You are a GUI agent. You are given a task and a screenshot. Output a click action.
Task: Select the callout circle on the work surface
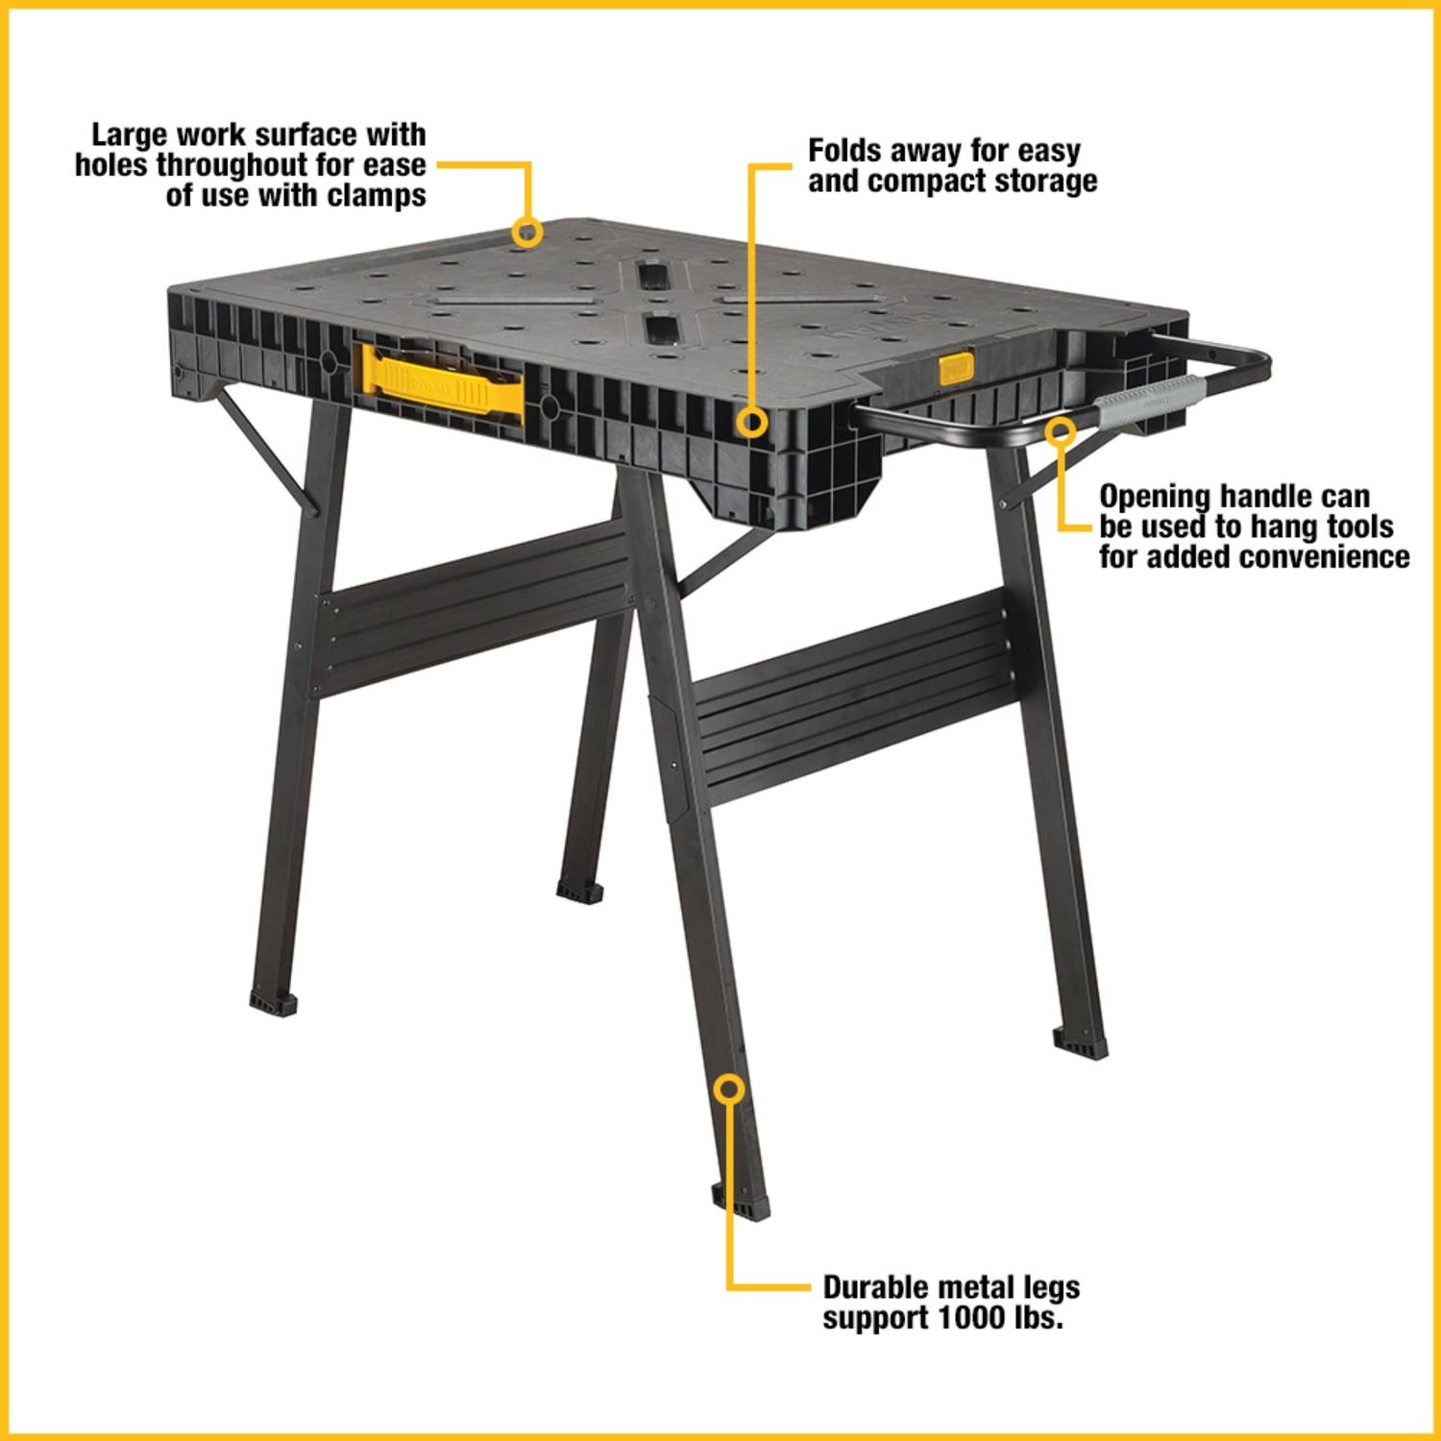click(526, 232)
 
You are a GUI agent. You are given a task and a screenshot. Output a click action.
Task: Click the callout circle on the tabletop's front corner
click(752, 423)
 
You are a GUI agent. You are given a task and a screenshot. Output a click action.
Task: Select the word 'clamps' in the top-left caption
click(369, 195)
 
